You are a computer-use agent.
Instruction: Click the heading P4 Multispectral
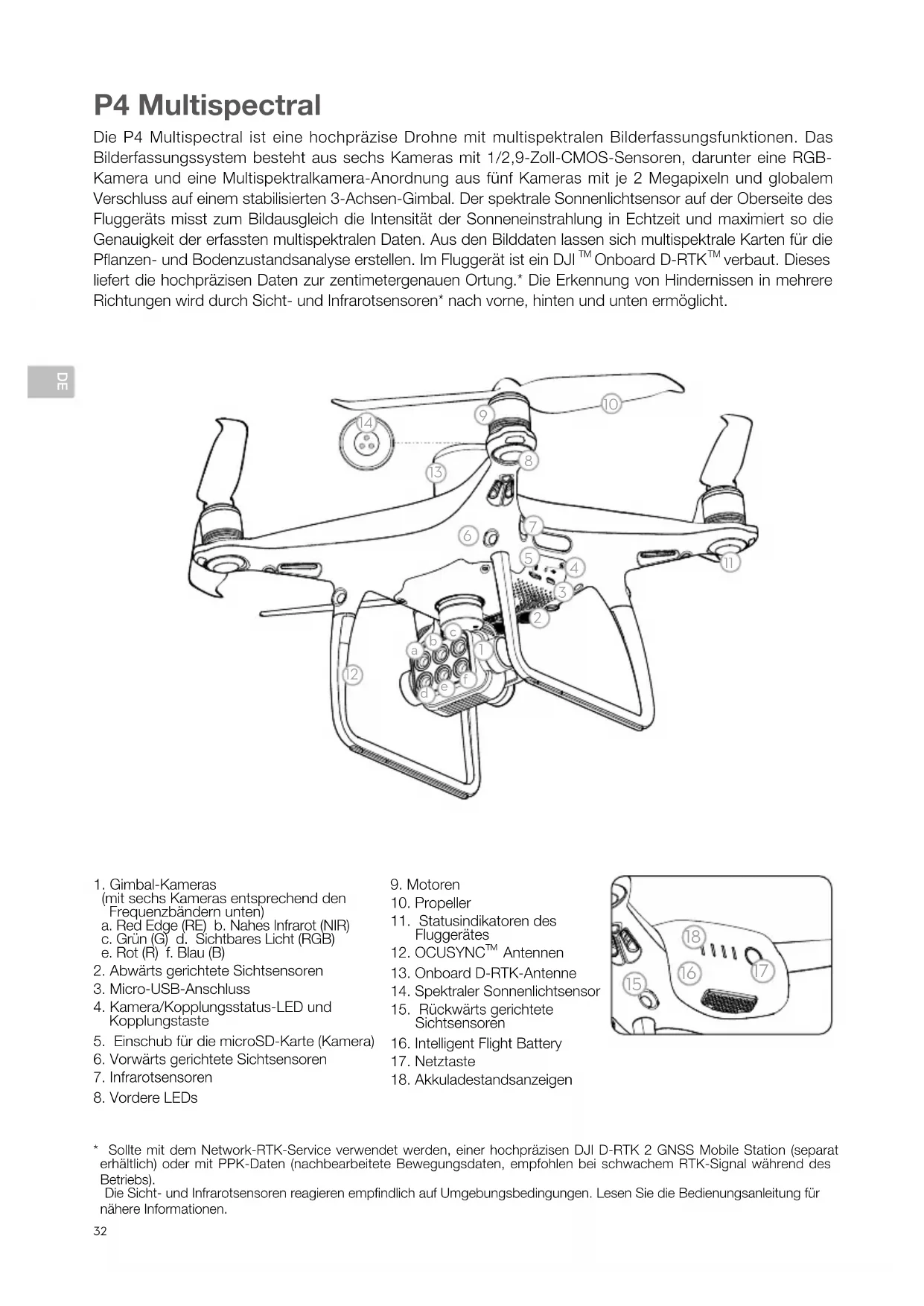pos(207,105)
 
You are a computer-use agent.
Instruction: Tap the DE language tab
pos(51,382)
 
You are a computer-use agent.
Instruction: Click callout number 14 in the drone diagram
pos(365,423)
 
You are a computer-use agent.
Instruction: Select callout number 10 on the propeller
pos(611,404)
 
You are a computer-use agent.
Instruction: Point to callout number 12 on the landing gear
pos(351,675)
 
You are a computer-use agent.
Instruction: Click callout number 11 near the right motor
pos(730,563)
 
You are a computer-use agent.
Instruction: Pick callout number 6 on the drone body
pos(468,535)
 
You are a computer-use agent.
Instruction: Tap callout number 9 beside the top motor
pos(483,415)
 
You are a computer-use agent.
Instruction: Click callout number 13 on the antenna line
pos(436,472)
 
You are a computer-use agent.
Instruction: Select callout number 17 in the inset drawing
pos(761,971)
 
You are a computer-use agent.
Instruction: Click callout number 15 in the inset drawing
pos(633,984)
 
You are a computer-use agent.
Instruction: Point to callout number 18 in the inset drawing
pos(692,936)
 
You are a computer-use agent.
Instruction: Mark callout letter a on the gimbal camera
pos(415,650)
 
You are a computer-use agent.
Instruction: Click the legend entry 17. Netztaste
pos(433,1061)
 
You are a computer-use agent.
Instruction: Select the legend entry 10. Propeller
pos(430,903)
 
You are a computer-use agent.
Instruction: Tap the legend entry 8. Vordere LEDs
pos(145,1098)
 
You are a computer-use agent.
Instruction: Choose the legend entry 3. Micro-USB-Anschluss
pos(171,989)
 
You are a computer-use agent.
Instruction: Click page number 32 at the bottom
pos(101,1231)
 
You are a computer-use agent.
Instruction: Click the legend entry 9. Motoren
pos(425,885)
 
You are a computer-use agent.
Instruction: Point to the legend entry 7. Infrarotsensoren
pos(153,1077)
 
